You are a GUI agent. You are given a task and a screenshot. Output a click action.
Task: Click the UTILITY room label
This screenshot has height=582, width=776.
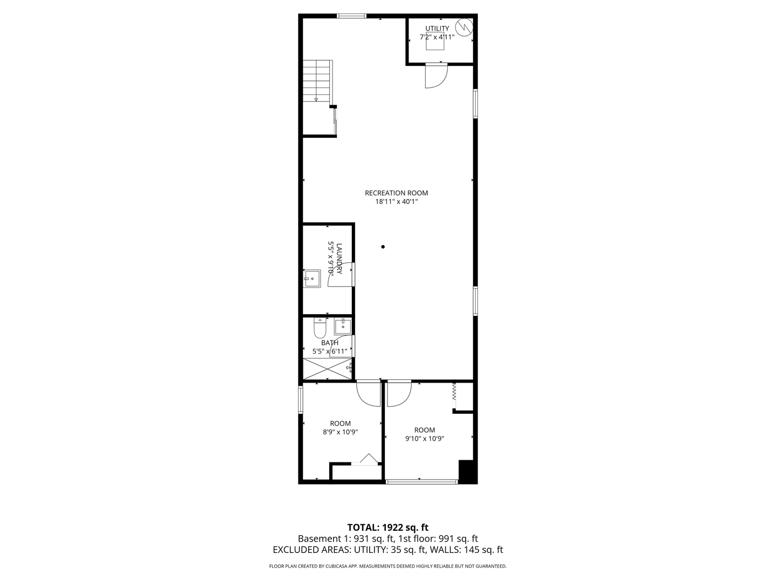tap(437, 29)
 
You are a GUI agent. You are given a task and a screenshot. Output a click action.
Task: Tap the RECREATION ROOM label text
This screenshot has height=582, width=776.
tap(396, 193)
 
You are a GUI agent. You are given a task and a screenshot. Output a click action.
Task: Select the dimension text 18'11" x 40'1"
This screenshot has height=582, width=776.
tap(396, 202)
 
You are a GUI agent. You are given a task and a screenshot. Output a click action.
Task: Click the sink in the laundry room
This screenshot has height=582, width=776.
tap(311, 278)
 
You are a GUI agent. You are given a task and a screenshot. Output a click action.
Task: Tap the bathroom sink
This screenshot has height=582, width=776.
tap(343, 325)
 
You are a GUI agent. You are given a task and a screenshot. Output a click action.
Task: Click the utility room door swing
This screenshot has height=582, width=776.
tap(435, 75)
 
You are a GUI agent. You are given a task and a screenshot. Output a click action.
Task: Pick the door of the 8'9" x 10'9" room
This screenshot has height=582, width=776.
tap(369, 393)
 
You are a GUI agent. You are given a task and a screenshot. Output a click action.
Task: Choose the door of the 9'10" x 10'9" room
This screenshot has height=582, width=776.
tap(398, 393)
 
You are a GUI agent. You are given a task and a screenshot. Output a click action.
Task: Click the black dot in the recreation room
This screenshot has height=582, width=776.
tap(383, 247)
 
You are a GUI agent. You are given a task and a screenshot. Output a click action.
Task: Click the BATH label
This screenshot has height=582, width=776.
tap(330, 343)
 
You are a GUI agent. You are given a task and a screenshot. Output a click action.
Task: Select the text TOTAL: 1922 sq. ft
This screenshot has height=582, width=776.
tap(387, 527)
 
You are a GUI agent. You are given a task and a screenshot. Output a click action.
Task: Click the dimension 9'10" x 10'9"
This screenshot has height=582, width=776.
tap(424, 439)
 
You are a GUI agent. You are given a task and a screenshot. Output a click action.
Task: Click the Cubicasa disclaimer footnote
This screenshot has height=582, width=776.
tap(387, 566)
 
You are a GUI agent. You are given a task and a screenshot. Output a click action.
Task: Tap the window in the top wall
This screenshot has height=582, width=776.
tap(351, 16)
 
